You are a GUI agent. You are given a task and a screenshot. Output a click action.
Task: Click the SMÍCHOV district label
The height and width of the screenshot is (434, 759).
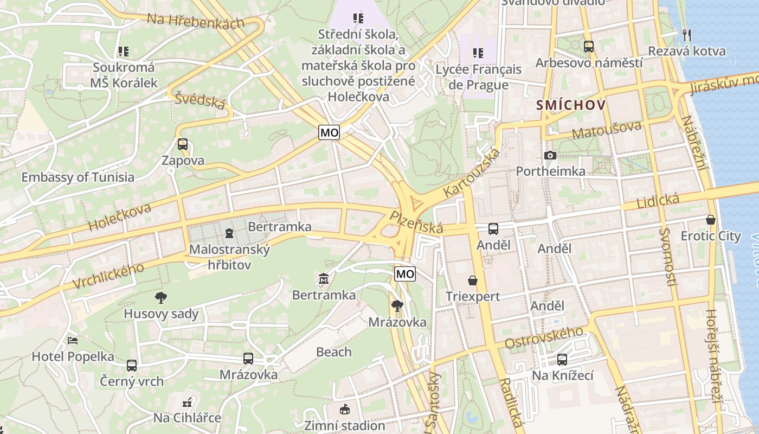pos(571,105)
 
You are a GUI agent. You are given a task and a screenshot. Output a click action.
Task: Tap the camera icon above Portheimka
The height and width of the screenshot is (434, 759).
pos(550,156)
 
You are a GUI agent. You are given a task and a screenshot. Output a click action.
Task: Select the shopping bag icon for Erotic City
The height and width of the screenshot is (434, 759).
pos(711,220)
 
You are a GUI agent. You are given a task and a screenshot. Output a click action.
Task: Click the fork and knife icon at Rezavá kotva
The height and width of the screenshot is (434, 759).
pos(687,35)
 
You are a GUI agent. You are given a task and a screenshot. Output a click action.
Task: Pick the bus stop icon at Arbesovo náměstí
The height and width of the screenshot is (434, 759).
pos(589,47)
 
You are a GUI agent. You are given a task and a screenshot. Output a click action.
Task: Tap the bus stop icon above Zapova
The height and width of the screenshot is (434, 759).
pos(183,144)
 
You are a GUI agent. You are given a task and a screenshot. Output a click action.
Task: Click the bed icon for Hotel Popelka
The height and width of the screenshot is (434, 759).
pos(73,341)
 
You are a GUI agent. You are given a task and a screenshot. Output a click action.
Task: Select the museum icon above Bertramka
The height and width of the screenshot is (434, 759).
pos(324,279)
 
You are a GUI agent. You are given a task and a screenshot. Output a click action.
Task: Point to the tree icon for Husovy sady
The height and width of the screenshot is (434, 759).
pos(161,297)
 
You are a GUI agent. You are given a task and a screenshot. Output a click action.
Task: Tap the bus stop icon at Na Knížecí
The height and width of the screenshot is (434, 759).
pos(562,359)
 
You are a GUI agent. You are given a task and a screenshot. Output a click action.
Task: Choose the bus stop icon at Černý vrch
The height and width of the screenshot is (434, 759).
pos(132,365)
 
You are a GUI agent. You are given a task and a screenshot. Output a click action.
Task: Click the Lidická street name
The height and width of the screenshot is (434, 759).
pos(658,201)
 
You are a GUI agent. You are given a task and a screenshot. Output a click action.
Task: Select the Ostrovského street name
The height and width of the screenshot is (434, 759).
pos(544,337)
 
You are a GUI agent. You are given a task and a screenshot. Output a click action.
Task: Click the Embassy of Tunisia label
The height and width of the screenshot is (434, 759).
pos(78,177)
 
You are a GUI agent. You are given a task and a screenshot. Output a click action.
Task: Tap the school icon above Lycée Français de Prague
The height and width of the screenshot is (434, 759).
pos(478,53)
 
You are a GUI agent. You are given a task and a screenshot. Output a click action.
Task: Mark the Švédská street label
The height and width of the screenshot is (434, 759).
pos(200,100)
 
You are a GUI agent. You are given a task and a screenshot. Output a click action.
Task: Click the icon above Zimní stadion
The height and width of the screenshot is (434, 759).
pos(344,409)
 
